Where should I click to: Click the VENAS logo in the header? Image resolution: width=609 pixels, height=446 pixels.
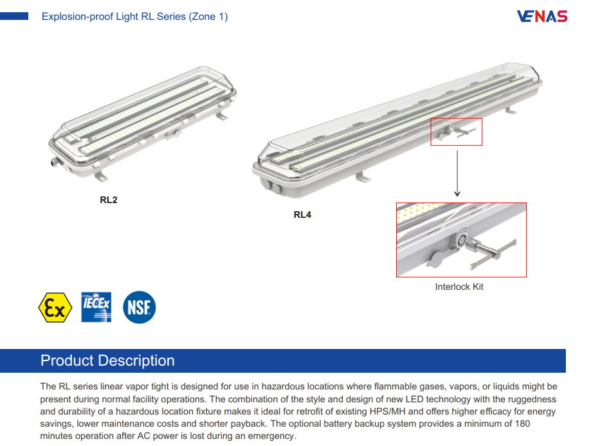tap(541, 16)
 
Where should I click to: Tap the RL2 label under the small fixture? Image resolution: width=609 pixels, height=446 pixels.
tap(109, 199)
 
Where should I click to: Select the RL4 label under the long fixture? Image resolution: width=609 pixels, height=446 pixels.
tap(302, 215)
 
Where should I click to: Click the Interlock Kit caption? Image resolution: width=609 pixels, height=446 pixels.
tap(459, 287)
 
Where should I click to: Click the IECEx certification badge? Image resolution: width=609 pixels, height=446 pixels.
tap(96, 307)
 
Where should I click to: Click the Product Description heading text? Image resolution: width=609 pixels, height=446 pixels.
tap(107, 361)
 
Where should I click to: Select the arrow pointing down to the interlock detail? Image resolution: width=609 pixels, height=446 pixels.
tap(457, 174)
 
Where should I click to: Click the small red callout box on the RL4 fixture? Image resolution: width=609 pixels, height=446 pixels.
tap(456, 132)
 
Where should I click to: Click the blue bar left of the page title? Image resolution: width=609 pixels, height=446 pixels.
tap(14, 17)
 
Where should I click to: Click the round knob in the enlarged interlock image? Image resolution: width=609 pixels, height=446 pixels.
tap(435, 260)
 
